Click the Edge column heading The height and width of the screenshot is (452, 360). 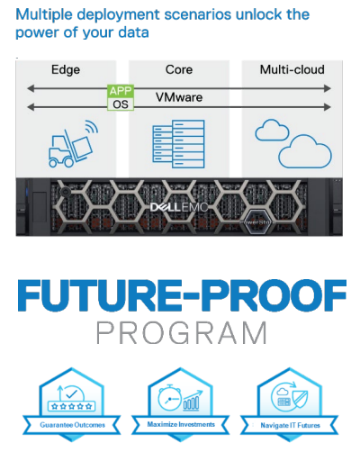pos(66,70)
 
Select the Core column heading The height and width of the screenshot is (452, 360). pos(179,69)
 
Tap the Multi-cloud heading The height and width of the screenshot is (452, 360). pos(292,69)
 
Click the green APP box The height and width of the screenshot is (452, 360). pos(121,91)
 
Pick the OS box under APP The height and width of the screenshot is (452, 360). pos(121,104)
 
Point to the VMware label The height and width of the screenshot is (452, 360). pos(179,97)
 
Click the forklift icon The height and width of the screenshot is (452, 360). pos(73,144)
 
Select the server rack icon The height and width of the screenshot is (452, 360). pos(178,144)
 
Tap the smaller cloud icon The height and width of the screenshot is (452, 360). pos(272,131)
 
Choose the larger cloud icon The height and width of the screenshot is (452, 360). pos(305,151)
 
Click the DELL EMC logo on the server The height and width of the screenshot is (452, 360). pos(179,207)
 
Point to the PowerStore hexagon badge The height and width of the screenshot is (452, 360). pos(257,222)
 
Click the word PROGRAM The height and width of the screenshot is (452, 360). pos(181,333)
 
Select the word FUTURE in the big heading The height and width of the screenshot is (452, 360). pos(100,295)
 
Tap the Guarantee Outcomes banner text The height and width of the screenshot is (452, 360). pos(73,425)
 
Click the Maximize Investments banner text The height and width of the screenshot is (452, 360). pos(181,424)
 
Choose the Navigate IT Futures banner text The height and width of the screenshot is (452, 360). pos(290,425)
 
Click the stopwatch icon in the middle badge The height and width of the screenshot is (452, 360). pos(169,398)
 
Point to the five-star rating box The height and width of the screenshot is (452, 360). pos(72,407)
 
